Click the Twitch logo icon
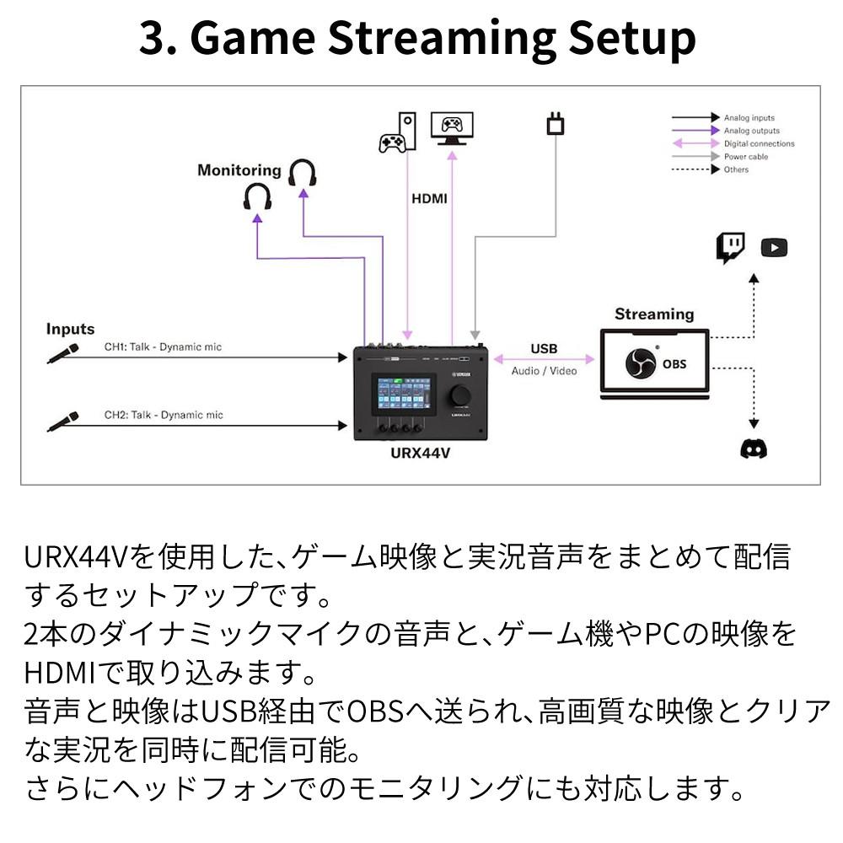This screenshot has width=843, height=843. [731, 248]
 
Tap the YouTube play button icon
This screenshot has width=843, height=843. [774, 248]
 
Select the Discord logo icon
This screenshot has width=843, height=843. [754, 448]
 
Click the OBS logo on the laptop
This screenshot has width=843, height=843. [640, 363]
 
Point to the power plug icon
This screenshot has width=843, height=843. [555, 125]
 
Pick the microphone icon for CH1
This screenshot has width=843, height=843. [63, 353]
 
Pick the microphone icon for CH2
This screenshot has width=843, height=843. [63, 421]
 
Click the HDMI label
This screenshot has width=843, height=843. [429, 200]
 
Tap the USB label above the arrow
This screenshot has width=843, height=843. [544, 348]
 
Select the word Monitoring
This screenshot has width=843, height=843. [239, 170]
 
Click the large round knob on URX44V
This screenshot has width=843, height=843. [462, 395]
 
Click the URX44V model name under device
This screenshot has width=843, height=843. [421, 454]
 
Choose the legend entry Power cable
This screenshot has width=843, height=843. [747, 157]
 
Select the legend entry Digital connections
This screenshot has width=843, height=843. [759, 144]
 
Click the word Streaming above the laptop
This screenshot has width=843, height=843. [654, 314]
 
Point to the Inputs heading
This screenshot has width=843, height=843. [70, 329]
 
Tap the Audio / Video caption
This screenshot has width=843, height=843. [545, 371]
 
